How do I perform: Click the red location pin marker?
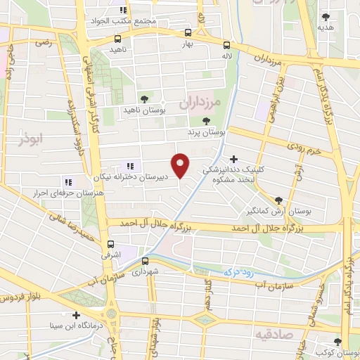(x=181, y=165)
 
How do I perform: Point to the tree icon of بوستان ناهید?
(x=144, y=99)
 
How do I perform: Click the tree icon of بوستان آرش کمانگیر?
(x=278, y=200)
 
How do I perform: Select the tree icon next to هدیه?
(x=325, y=17)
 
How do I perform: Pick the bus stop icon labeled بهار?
(x=187, y=32)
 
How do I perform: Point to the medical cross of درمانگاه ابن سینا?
(x=77, y=314)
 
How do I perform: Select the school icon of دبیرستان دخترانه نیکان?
(x=129, y=167)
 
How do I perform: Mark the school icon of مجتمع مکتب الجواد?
(x=124, y=11)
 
